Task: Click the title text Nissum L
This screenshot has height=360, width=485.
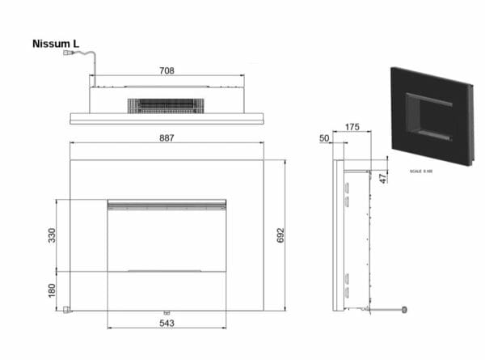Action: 56,44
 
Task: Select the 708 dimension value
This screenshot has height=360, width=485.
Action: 167,71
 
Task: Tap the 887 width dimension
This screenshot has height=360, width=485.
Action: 167,138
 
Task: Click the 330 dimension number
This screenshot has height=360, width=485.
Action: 52,235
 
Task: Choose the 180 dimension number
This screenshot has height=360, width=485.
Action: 52,290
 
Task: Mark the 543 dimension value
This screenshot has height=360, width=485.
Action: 167,323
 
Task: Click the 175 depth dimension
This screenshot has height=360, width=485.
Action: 352,127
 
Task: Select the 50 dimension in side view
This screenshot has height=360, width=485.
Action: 325,139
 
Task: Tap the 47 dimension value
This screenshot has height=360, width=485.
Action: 383,178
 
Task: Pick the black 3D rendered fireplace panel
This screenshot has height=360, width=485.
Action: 430,116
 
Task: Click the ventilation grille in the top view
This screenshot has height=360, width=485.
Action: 162,105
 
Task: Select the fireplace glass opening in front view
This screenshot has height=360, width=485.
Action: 167,240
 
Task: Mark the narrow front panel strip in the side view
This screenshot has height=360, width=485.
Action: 338,235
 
